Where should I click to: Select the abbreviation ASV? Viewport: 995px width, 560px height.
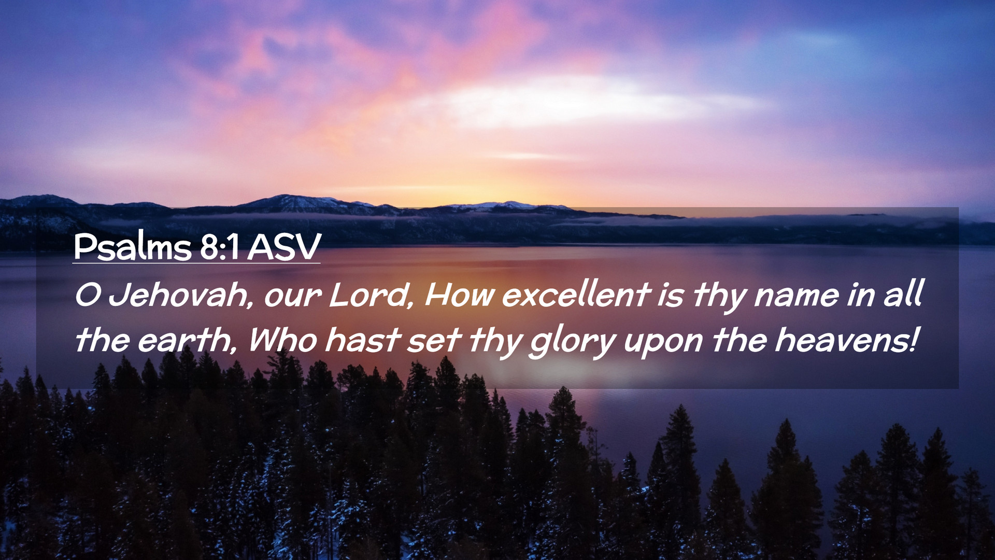[x=284, y=247]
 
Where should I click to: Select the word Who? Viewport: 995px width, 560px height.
[x=283, y=341]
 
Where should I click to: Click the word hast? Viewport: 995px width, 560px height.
[x=363, y=340]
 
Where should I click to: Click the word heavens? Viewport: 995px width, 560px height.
[x=840, y=340]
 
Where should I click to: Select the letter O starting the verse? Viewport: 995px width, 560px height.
[x=88, y=295]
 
